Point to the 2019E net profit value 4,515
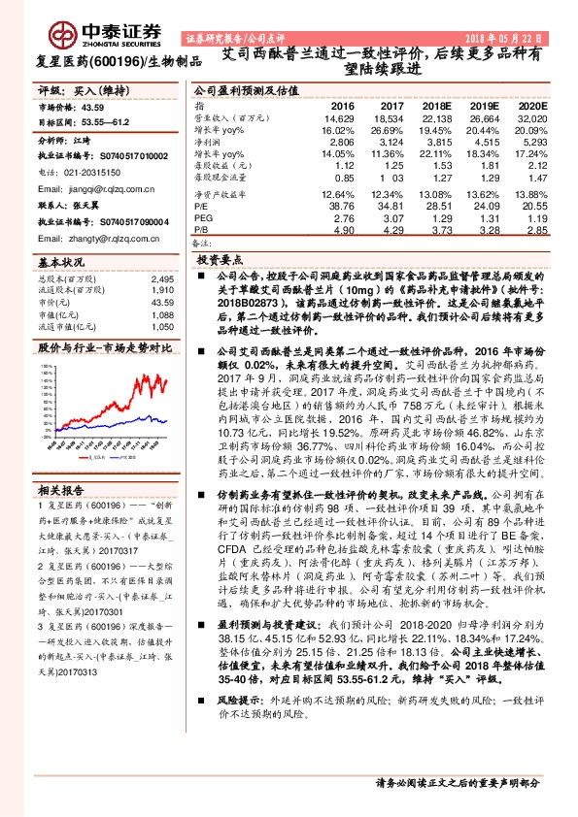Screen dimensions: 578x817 tap(486, 141)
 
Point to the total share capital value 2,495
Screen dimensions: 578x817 tap(163, 279)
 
